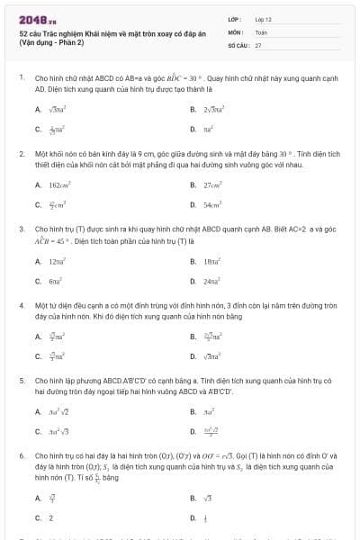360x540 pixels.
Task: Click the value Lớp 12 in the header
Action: pos(264,19)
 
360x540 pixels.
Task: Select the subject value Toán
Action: pos(261,31)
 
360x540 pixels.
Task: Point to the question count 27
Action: pos(258,44)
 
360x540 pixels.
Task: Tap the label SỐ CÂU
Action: pos(237,44)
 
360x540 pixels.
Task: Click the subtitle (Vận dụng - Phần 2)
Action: pos(51,42)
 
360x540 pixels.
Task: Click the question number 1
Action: pos(21,78)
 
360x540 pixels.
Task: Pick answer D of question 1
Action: pos(211,129)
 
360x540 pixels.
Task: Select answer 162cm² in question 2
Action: pos(59,184)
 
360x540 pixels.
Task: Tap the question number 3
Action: pos(21,229)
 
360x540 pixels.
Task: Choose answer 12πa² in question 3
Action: pos(58,260)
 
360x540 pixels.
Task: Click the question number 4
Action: pos(21,305)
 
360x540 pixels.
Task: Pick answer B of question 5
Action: pos(211,411)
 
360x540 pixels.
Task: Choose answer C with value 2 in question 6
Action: pos(49,517)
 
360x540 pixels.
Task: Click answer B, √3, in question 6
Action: pos(208,498)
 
